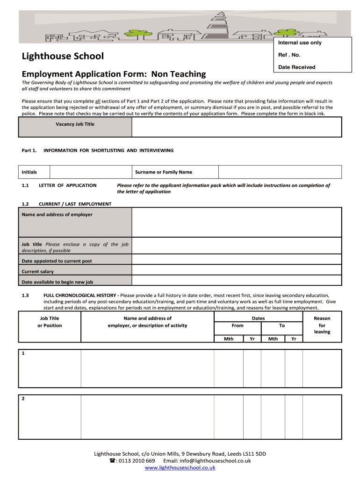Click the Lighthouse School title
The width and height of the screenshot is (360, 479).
pos(63,57)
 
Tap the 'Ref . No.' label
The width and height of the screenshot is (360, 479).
pos(289,55)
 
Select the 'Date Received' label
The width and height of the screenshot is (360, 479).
pos(296,67)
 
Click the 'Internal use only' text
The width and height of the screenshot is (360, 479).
pos(300,43)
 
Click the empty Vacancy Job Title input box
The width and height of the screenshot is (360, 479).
pos(237,127)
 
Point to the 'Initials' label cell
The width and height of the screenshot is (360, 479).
pos(29,172)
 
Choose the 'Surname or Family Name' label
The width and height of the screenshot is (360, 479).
pos(163,172)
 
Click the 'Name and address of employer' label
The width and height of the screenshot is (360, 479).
pos(57,215)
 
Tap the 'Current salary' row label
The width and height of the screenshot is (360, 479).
pos(38,272)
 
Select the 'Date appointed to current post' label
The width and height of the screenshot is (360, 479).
pos(57,261)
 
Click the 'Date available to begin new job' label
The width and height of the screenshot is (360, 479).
pos(58,282)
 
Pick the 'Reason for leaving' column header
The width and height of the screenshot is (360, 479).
pos(322,325)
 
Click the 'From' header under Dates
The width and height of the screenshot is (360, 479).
pos(238,326)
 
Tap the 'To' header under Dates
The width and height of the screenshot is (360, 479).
pos(282,326)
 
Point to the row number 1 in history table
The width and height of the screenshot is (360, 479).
pos(23,354)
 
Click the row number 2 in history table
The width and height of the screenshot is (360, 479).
pos(23,399)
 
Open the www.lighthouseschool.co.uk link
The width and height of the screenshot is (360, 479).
pos(180,467)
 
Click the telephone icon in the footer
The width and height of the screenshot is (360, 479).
pos(112,461)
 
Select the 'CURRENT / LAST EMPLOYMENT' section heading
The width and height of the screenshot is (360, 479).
pos(75,204)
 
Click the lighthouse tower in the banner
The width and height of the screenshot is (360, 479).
pos(218,23)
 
